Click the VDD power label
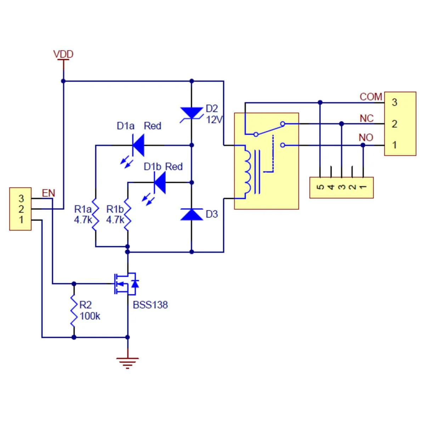pyautogui.click(x=63, y=54)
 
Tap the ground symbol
pyautogui.click(x=127, y=362)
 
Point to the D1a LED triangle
pyautogui.click(x=138, y=145)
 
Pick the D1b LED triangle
pyautogui.click(x=160, y=182)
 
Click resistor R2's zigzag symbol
pyautogui.click(x=74, y=310)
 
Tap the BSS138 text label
pyautogui.click(x=150, y=305)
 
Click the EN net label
pyautogui.click(x=49, y=193)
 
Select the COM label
pyautogui.click(x=370, y=97)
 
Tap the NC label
pyautogui.click(x=367, y=118)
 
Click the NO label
pyautogui.click(x=366, y=137)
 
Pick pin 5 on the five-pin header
pyautogui.click(x=320, y=187)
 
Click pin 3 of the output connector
pyautogui.click(x=394, y=103)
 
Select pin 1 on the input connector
pyautogui.click(x=21, y=220)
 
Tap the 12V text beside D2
pyautogui.click(x=214, y=120)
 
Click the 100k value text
pyautogui.click(x=90, y=316)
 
